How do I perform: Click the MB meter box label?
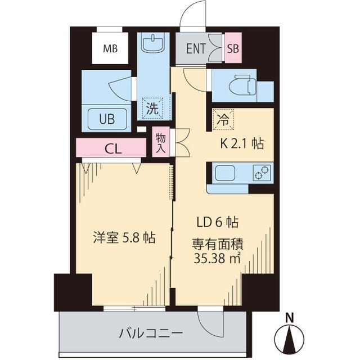(x=110, y=48)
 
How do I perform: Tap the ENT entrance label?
(x=196, y=48)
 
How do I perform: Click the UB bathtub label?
(x=107, y=119)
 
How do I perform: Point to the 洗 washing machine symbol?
(x=152, y=109)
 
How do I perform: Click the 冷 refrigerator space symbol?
(x=223, y=119)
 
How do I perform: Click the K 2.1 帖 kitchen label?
(x=241, y=143)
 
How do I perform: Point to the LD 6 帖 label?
(x=218, y=222)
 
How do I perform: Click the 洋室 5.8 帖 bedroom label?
(x=124, y=237)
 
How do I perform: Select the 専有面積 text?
(x=218, y=245)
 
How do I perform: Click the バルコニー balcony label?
(x=150, y=334)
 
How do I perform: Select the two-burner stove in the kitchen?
(x=262, y=172)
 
